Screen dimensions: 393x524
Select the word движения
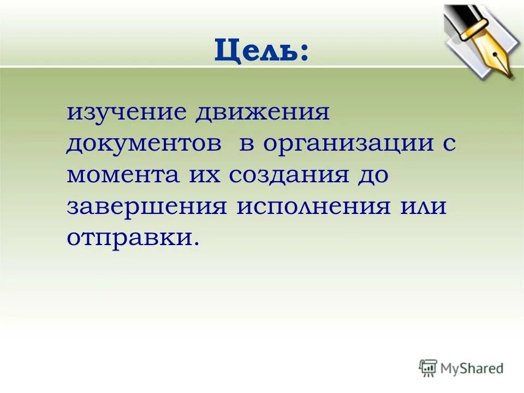[264, 115]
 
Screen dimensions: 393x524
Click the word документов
[145, 144]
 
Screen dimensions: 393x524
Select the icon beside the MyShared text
[428, 368]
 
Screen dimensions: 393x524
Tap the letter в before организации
[247, 145]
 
